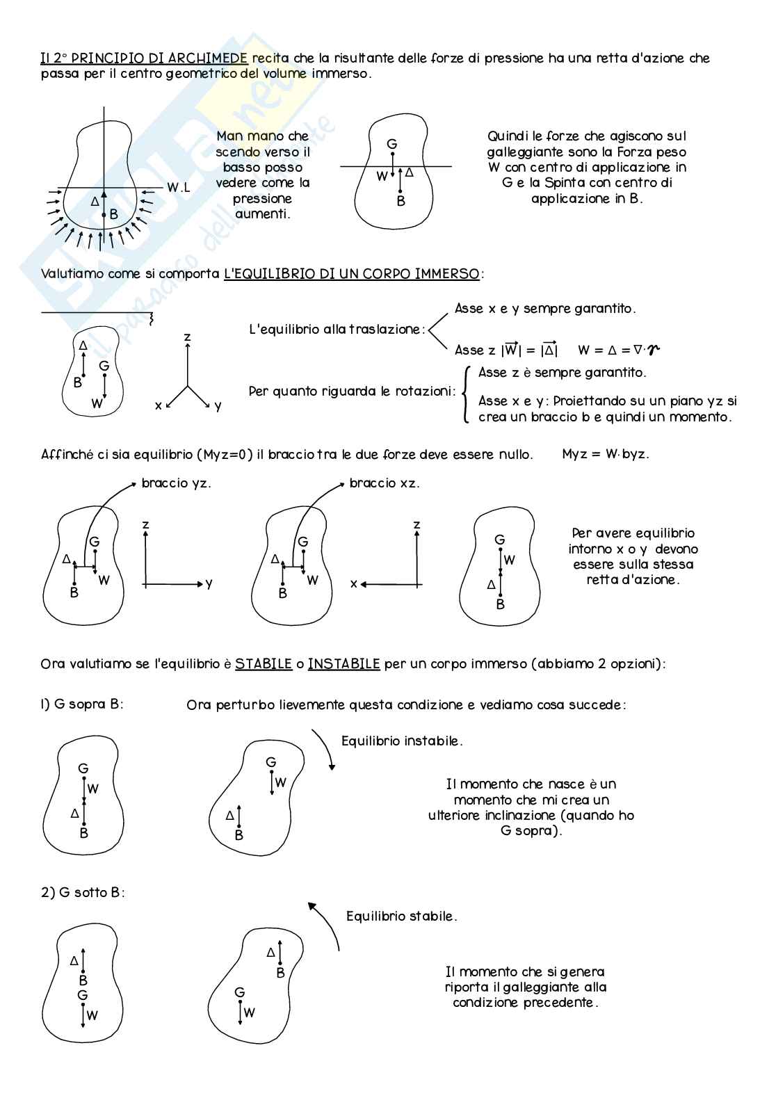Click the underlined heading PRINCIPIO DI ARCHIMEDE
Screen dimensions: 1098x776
(159, 58)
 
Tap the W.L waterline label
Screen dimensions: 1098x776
(178, 188)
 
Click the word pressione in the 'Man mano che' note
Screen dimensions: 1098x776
(262, 198)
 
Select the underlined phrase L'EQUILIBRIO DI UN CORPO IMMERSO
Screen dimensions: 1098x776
(351, 274)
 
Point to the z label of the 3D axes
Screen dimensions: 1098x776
(187, 337)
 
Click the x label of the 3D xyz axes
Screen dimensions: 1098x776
(159, 405)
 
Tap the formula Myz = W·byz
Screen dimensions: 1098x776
(605, 454)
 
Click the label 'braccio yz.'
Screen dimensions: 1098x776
(176, 483)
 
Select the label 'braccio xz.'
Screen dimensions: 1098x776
(385, 483)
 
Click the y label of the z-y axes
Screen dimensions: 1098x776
(209, 584)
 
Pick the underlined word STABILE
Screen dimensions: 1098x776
(263, 664)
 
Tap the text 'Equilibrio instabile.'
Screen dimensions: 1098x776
(402, 741)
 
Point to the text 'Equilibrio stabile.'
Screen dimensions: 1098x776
(402, 917)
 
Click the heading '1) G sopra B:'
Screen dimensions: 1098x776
(82, 704)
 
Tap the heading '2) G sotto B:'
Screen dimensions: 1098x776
(83, 892)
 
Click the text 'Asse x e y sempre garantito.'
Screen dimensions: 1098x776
(545, 309)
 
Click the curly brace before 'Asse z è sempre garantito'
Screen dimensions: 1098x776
(465, 394)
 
